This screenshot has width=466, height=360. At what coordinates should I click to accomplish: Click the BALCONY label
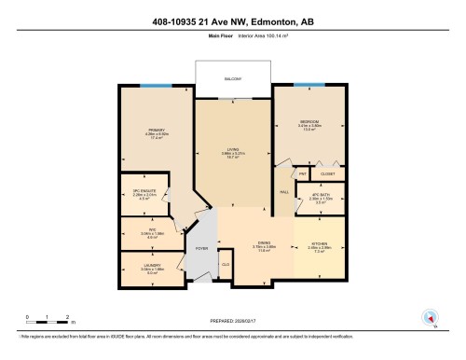(232, 80)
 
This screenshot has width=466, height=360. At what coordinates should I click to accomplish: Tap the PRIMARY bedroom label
(155, 131)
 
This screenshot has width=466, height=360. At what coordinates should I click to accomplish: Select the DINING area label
(264, 246)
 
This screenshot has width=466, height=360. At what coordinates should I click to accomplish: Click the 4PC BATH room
(320, 197)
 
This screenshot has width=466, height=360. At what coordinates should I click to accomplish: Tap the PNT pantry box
(303, 173)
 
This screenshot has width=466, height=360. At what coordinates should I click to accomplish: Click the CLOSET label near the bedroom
(327, 173)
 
